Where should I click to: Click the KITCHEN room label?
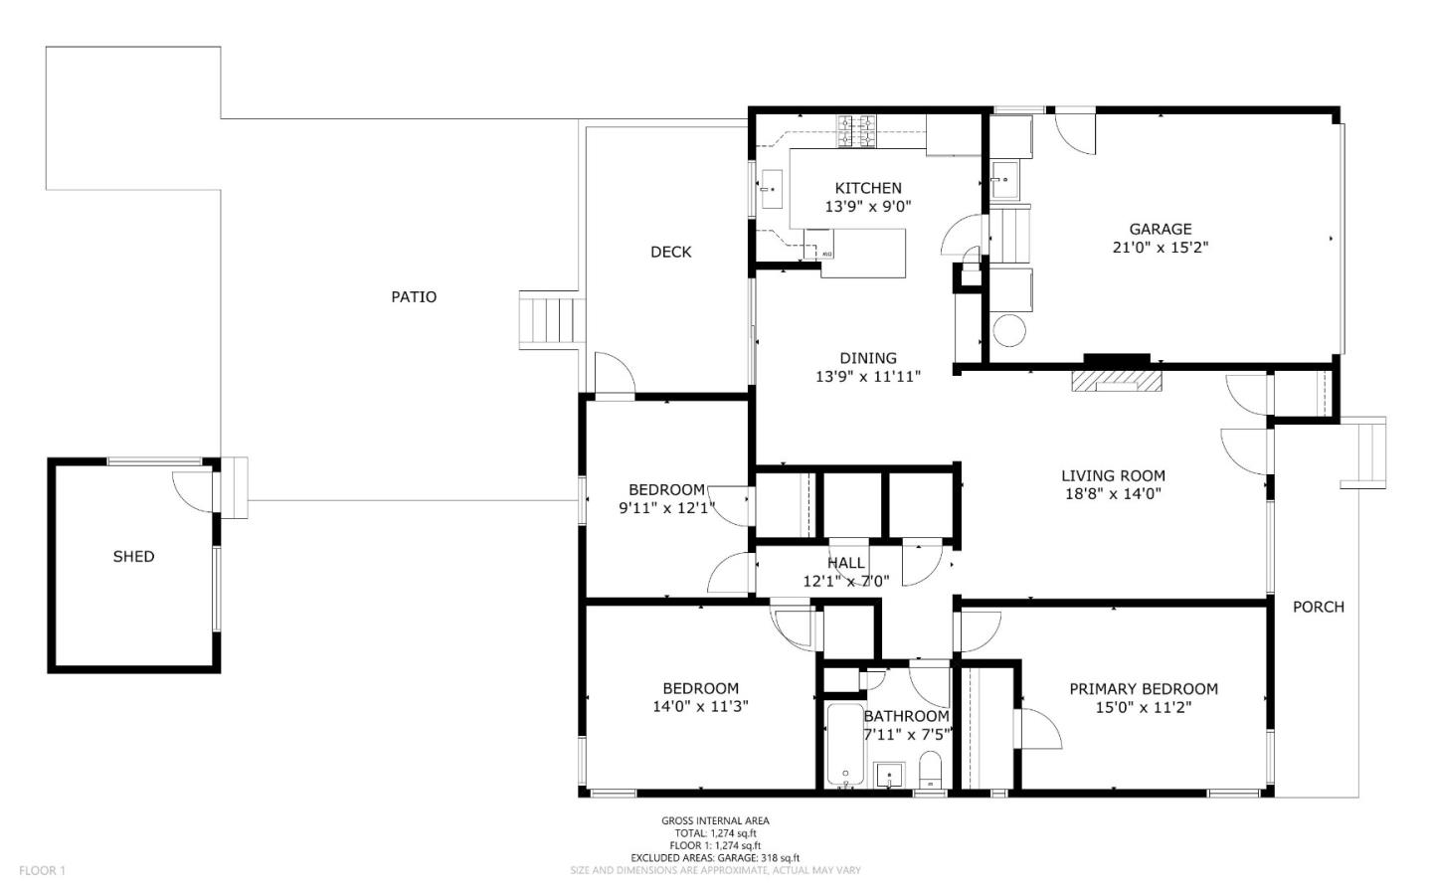[x=868, y=188]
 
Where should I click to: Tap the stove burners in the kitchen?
[x=856, y=131]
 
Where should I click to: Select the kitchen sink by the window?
[x=772, y=189]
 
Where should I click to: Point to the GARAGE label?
[x=1161, y=229]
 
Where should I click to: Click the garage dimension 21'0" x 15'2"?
[x=1161, y=248]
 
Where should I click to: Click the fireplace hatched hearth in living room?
[x=1116, y=381]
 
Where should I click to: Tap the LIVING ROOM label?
[x=1113, y=475]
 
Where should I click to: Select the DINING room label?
[x=868, y=358]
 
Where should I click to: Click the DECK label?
[x=670, y=252]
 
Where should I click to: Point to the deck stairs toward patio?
[x=550, y=320]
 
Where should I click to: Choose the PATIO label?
[x=414, y=296]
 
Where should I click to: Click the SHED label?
[x=133, y=556]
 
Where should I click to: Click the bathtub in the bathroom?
[x=845, y=745]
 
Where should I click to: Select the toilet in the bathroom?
[x=930, y=771]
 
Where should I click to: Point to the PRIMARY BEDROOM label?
[x=1144, y=689]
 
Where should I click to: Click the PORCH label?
[x=1319, y=607]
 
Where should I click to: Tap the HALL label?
[x=845, y=564]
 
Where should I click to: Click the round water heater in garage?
[x=1009, y=330]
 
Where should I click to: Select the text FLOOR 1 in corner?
[x=42, y=870]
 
